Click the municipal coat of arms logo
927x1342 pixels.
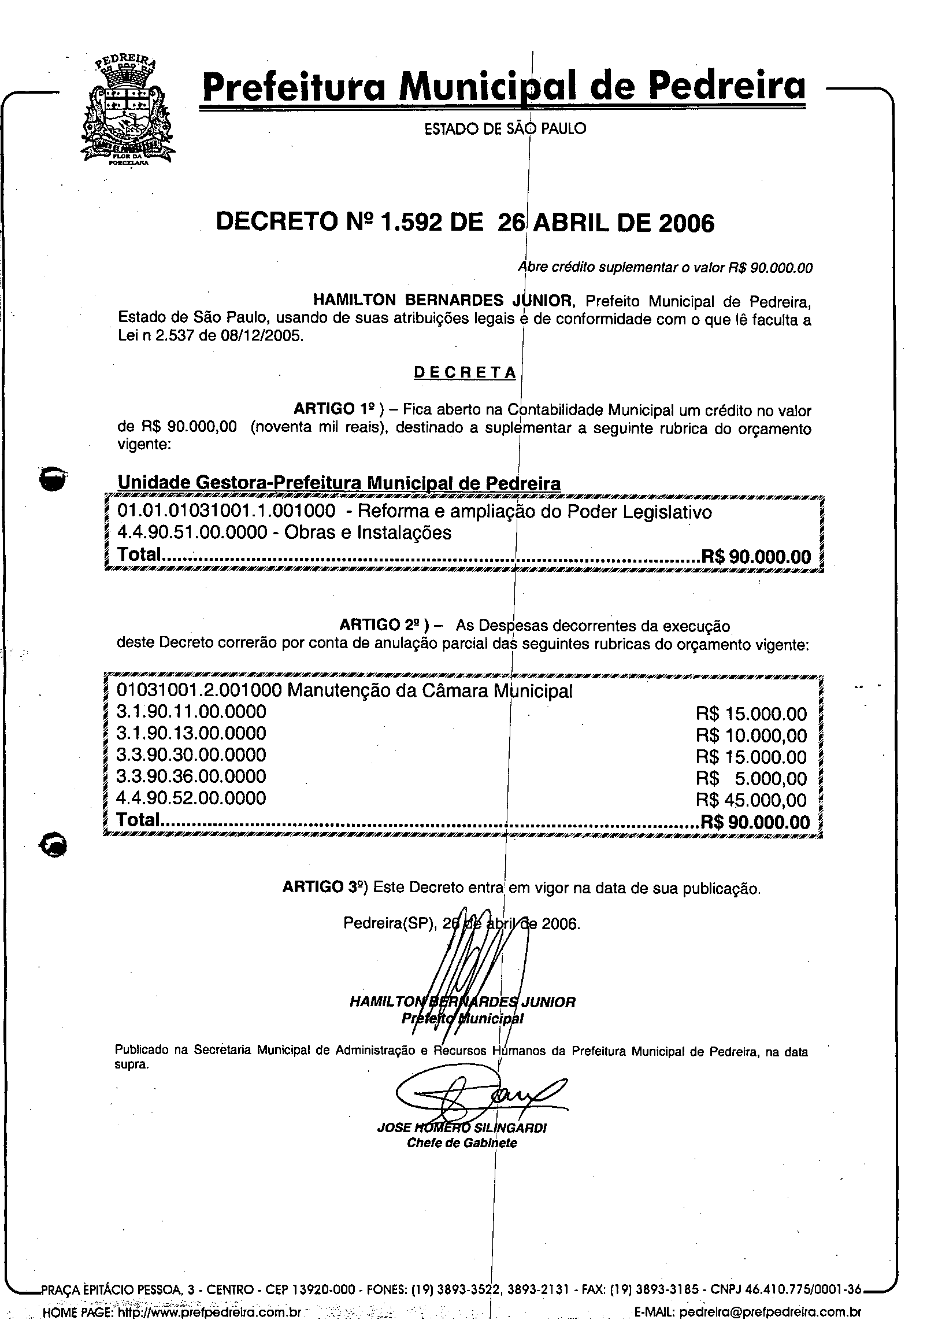click(127, 113)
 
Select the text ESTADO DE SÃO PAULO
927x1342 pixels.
click(505, 128)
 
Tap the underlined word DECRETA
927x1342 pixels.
click(465, 372)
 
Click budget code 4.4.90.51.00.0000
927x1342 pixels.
click(192, 533)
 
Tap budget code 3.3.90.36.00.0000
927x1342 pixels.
click(191, 776)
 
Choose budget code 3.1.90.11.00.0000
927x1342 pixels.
click(191, 712)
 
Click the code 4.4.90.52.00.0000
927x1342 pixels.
click(191, 798)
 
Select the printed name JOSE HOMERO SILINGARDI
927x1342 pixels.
click(462, 1128)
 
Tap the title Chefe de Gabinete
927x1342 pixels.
click(462, 1143)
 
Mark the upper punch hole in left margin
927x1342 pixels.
click(51, 478)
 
